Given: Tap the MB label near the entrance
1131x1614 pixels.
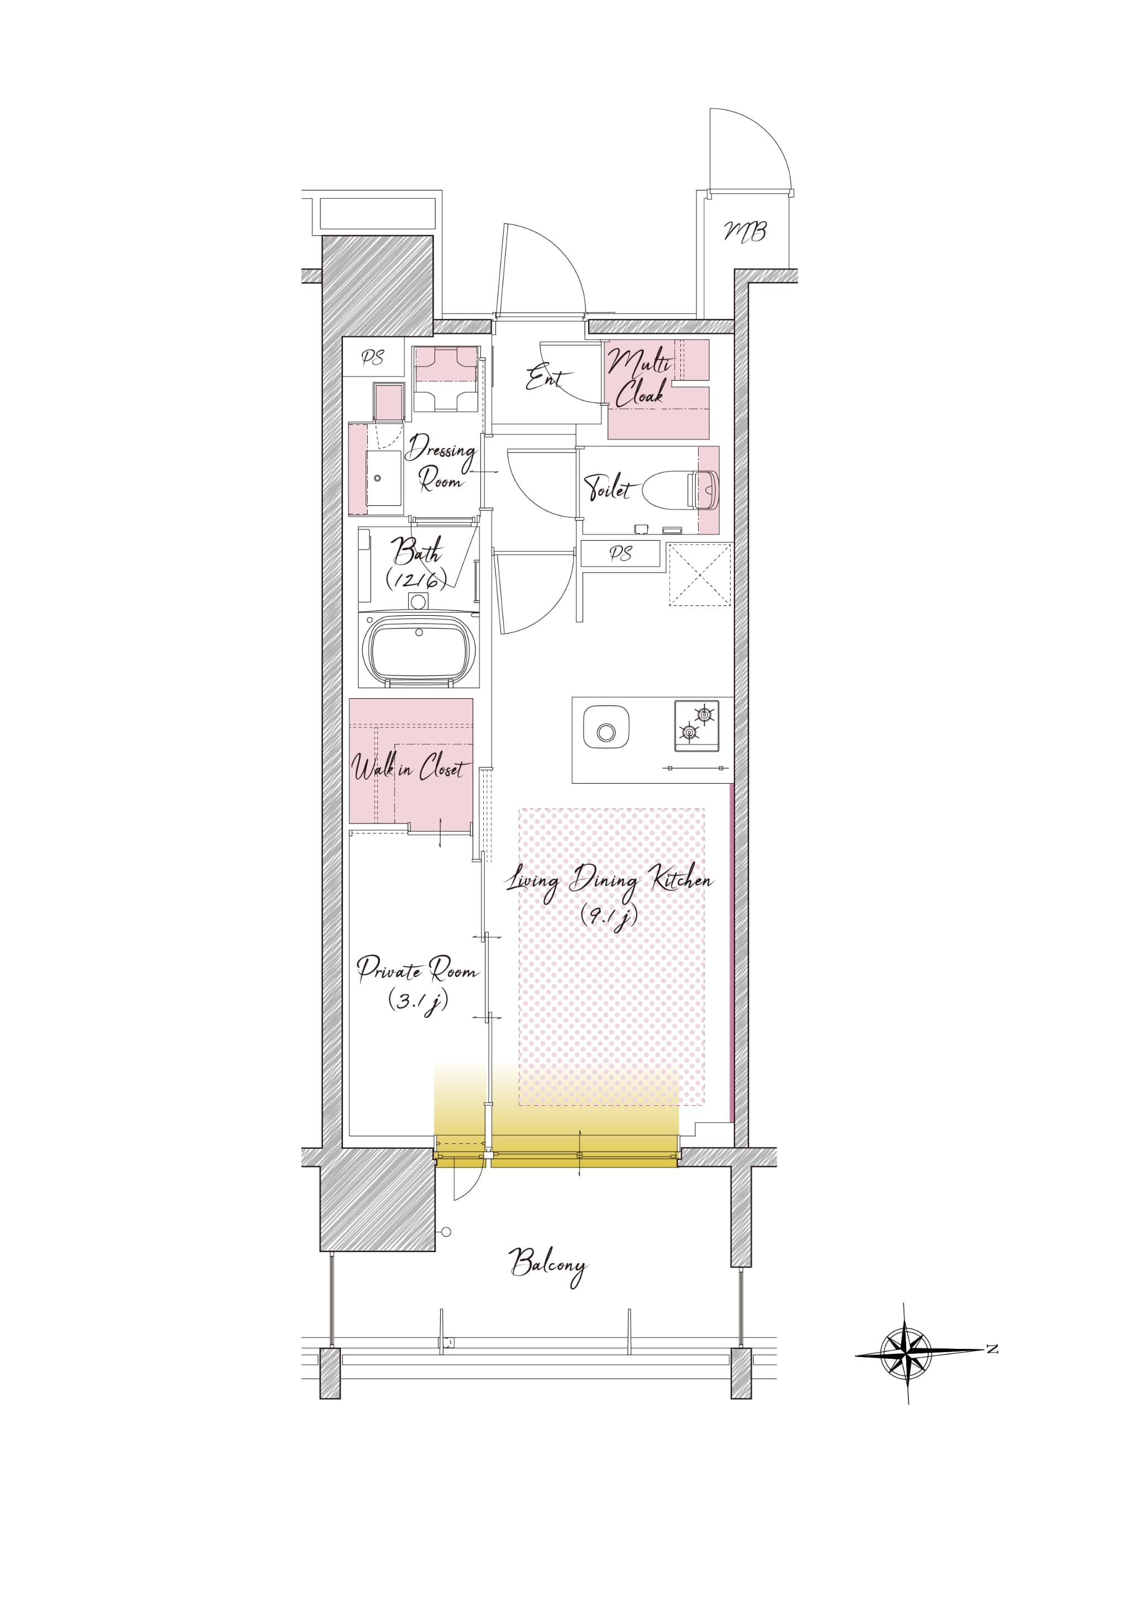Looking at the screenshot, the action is click(x=745, y=231).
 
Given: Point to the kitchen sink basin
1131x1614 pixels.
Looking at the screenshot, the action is click(x=606, y=727).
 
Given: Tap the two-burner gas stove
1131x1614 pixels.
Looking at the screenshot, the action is click(x=696, y=725).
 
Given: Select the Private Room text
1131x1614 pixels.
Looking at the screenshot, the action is click(x=417, y=970).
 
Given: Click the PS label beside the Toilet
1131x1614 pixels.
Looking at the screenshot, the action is click(x=620, y=554).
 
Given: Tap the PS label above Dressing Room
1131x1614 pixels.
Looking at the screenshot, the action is click(x=373, y=358).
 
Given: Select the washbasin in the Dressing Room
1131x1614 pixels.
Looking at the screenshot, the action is click(x=384, y=478).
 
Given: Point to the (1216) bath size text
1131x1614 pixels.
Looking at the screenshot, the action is click(x=416, y=579).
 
